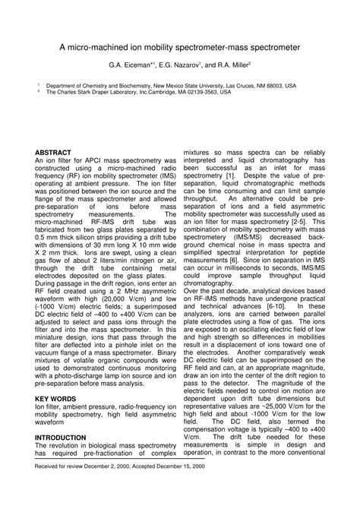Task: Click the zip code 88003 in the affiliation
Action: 275,87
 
